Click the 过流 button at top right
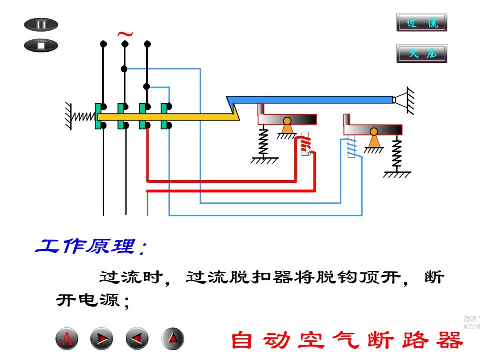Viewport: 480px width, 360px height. coord(421,23)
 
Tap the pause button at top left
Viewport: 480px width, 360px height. coord(41,25)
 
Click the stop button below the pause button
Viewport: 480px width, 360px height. coord(41,46)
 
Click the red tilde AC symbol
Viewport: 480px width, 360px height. coord(125,34)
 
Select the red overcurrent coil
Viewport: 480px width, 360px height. coord(306,145)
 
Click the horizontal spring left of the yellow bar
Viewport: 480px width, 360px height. coord(83,116)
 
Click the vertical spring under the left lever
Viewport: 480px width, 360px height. coord(263,142)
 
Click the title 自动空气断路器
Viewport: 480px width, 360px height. coord(347,340)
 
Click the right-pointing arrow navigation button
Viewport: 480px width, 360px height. coord(102,339)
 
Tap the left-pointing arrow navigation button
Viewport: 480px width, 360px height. coord(137,339)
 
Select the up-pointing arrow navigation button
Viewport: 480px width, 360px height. coord(173,339)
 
